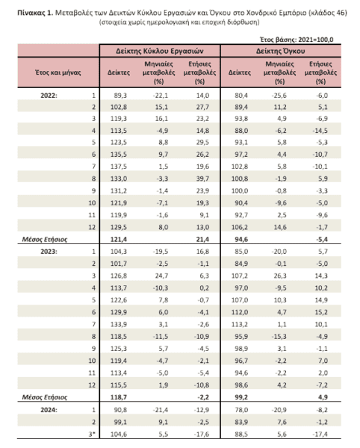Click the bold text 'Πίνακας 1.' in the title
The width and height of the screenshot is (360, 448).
pyautogui.click(x=35, y=13)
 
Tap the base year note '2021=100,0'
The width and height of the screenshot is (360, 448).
pyautogui.click(x=315, y=40)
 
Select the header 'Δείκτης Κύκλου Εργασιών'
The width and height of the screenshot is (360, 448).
pyautogui.click(x=160, y=51)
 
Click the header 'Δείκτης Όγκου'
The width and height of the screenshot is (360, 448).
pyautogui.click(x=280, y=51)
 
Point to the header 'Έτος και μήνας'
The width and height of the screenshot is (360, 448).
pyautogui.click(x=58, y=72)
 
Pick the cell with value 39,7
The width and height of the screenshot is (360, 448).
pyautogui.click(x=202, y=178)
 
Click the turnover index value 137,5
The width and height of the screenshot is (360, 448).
pyautogui.click(x=119, y=167)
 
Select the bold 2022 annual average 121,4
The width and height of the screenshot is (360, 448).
pyautogui.click(x=119, y=240)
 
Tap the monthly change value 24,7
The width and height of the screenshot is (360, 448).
pyautogui.click(x=161, y=276)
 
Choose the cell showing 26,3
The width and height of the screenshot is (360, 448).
pyautogui.click(x=280, y=276)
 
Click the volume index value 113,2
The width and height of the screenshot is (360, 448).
pyautogui.click(x=240, y=324)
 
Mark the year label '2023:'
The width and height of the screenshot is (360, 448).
pyautogui.click(x=49, y=252)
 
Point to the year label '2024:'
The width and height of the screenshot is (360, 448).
pyautogui.click(x=49, y=410)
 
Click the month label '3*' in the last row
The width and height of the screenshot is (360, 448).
pyautogui.click(x=92, y=435)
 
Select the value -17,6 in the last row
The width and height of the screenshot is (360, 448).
pyautogui.click(x=202, y=435)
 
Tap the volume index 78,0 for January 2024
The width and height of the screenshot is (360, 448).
pyautogui.click(x=241, y=410)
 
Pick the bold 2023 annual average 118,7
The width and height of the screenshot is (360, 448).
pyautogui.click(x=119, y=397)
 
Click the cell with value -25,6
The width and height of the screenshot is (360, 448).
pyautogui.click(x=279, y=96)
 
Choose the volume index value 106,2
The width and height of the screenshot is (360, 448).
pyautogui.click(x=240, y=227)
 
